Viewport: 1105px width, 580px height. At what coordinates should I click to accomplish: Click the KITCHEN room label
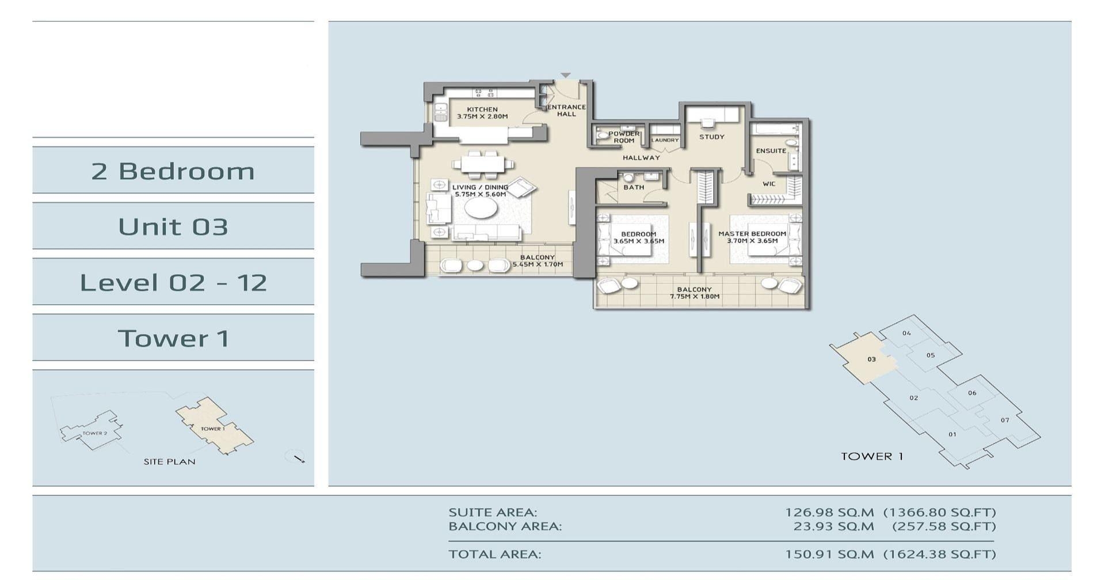[482, 109]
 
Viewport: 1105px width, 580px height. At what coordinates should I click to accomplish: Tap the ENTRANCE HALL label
[566, 110]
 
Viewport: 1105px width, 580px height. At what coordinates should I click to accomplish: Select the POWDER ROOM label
[624, 137]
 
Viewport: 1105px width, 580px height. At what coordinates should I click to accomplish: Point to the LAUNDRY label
[665, 140]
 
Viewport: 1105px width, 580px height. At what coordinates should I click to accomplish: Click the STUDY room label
[712, 137]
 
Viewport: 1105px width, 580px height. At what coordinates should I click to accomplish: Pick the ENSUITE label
[771, 151]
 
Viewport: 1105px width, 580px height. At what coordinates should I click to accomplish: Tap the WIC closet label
[769, 184]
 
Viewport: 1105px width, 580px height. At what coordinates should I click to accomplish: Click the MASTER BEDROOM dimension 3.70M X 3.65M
[752, 241]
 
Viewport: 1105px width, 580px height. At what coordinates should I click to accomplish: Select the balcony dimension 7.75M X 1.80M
[695, 297]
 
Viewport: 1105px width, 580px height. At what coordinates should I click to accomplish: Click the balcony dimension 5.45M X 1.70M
[538, 265]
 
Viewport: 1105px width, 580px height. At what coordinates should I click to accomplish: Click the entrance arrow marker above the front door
[566, 75]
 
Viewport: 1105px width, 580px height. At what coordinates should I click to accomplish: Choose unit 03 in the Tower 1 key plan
[871, 359]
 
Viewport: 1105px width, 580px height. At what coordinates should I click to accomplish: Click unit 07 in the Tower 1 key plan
[1005, 420]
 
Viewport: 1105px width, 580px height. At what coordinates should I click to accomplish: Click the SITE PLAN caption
[169, 461]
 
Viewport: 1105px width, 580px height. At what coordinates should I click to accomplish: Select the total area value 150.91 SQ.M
[829, 554]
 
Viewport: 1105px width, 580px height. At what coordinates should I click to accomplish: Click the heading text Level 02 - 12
[173, 282]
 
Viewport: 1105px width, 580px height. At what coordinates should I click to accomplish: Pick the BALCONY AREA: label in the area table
[505, 526]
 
